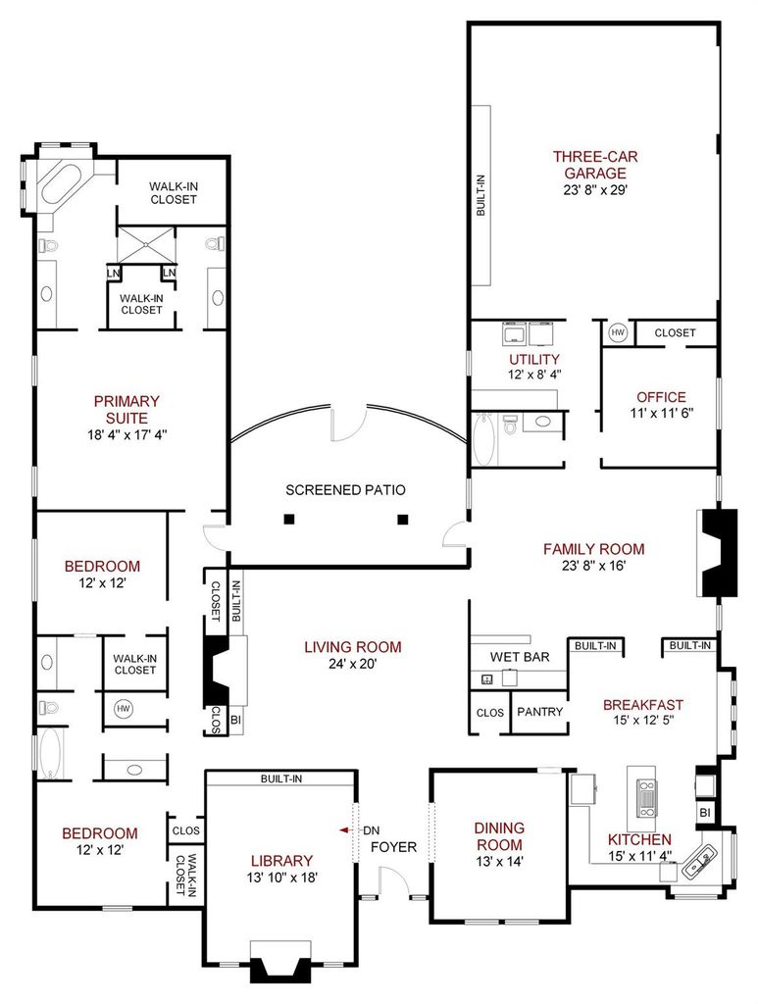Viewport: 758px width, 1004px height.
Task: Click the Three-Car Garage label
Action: (595, 165)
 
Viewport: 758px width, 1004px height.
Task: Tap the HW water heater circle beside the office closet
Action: (617, 333)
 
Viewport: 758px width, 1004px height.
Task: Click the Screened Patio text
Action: (345, 490)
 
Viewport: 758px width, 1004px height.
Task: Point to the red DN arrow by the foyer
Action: (347, 829)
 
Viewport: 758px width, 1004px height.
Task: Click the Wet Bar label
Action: (519, 656)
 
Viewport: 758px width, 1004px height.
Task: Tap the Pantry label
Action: (539, 712)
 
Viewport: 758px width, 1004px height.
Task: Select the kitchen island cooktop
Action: (646, 798)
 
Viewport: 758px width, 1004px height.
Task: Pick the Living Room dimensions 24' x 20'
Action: (352, 664)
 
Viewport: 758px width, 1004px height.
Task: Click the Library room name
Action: (281, 861)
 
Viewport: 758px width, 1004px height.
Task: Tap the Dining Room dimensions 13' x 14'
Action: (499, 861)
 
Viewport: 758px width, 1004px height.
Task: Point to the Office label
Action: (661, 396)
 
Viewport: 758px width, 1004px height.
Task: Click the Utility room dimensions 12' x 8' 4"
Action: (534, 375)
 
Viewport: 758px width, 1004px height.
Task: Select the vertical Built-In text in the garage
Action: (480, 195)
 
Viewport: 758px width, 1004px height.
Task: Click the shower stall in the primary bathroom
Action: (147, 244)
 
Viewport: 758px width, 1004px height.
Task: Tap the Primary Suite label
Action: (126, 410)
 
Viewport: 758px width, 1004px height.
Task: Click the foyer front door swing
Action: (394, 881)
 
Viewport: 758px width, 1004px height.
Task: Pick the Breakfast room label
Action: (642, 704)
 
